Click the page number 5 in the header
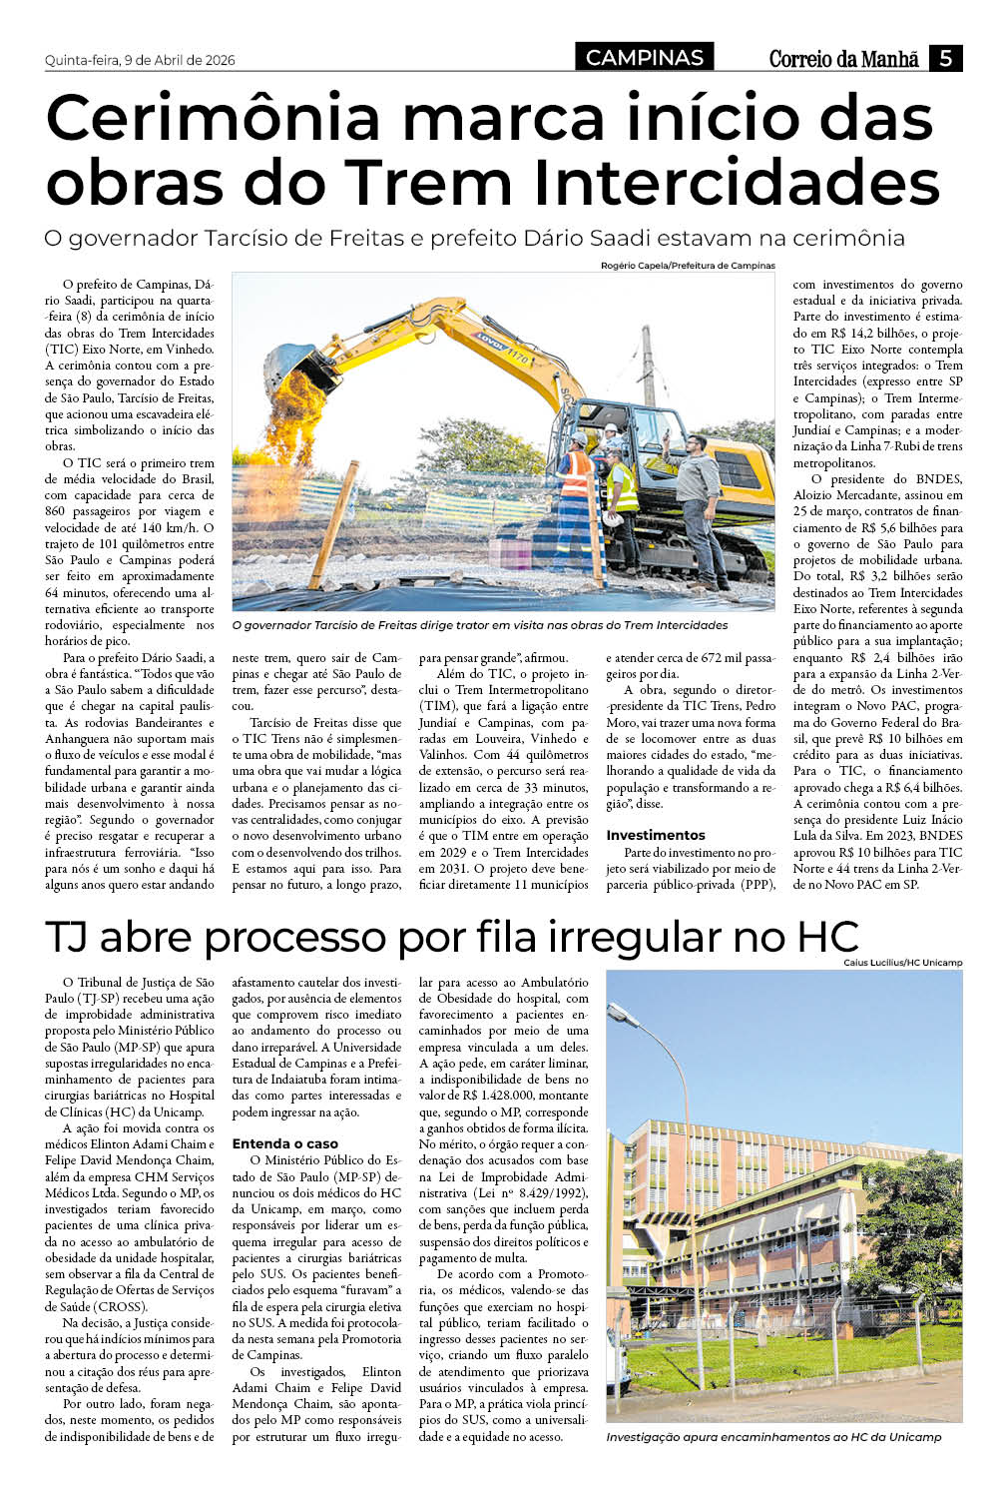click(x=945, y=58)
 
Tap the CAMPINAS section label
click(x=645, y=58)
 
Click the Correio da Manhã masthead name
click(x=843, y=59)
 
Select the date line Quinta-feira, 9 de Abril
click(x=140, y=60)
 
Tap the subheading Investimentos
click(x=656, y=835)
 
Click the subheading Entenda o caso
click(x=284, y=1143)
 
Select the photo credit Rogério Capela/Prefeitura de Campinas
click(x=688, y=266)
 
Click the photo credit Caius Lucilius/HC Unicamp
click(x=902, y=963)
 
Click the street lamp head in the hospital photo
click(x=624, y=1016)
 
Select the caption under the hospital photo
click(x=773, y=1437)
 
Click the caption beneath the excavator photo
click(x=479, y=625)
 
